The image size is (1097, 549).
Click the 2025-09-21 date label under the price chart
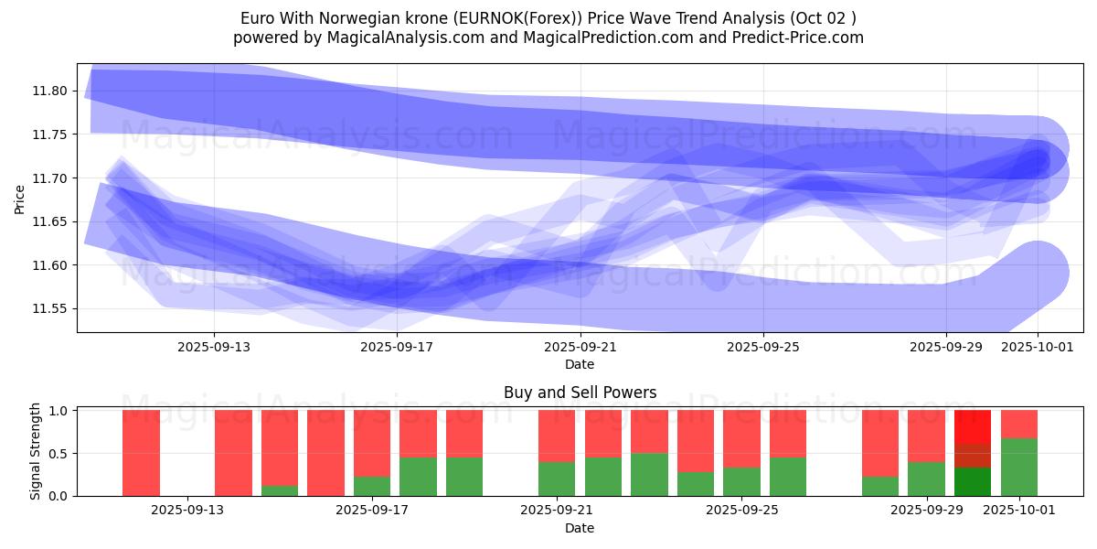coord(580,348)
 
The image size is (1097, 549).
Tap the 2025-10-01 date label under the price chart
coord(1038,348)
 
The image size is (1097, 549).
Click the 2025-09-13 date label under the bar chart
coord(187,511)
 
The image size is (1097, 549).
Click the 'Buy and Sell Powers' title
coord(580,393)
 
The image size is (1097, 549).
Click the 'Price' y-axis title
coord(20,199)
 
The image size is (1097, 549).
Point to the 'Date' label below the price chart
coord(580,364)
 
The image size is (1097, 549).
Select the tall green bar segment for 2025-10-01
coord(1019,467)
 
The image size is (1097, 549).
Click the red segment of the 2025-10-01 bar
coord(1019,424)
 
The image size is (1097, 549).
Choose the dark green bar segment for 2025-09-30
coord(973,481)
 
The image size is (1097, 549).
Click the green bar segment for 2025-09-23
coord(649,474)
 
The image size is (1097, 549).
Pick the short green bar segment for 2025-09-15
coord(280,490)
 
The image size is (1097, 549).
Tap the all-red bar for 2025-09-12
coord(141,453)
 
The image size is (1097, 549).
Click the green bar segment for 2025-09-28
coord(880,486)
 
